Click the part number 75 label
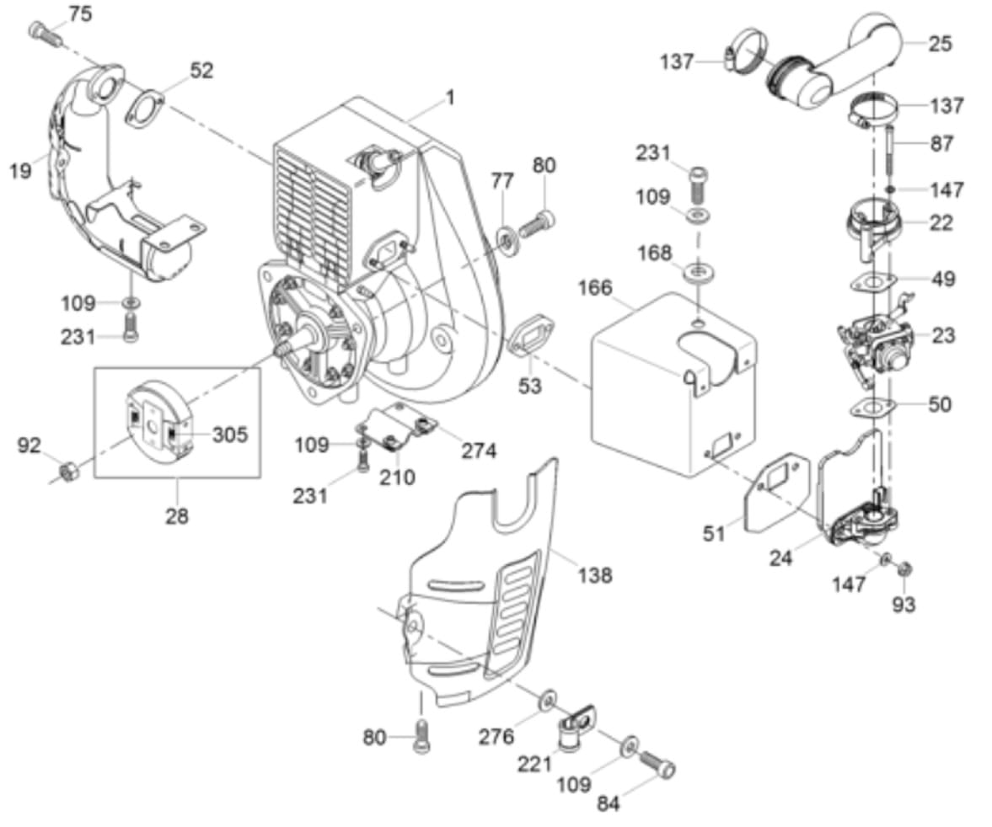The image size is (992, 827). [x=80, y=13]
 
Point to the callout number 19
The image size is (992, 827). [x=20, y=169]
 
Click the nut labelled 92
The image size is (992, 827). [x=68, y=471]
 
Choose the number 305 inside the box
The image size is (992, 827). [x=229, y=435]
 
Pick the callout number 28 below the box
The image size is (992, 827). [x=176, y=516]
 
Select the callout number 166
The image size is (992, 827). [x=595, y=288]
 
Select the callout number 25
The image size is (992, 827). [x=940, y=44]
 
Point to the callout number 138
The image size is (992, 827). [x=595, y=575]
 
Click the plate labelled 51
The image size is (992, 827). [x=778, y=494]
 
